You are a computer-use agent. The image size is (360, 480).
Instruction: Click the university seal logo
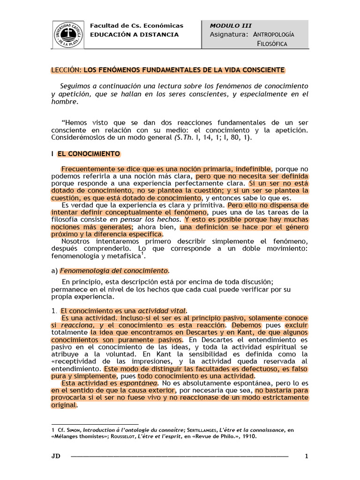(x=69, y=34)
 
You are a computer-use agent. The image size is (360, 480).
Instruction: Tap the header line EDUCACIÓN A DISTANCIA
(x=134, y=35)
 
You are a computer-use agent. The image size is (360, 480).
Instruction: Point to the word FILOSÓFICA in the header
(x=272, y=44)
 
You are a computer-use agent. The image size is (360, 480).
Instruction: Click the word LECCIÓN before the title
(x=66, y=70)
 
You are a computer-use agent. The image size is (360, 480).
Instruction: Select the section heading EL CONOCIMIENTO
(x=89, y=154)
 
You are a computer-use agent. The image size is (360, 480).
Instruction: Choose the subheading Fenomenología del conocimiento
(x=114, y=270)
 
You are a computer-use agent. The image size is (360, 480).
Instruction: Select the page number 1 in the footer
(x=306, y=456)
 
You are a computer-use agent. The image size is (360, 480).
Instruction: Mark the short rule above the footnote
(x=94, y=423)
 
